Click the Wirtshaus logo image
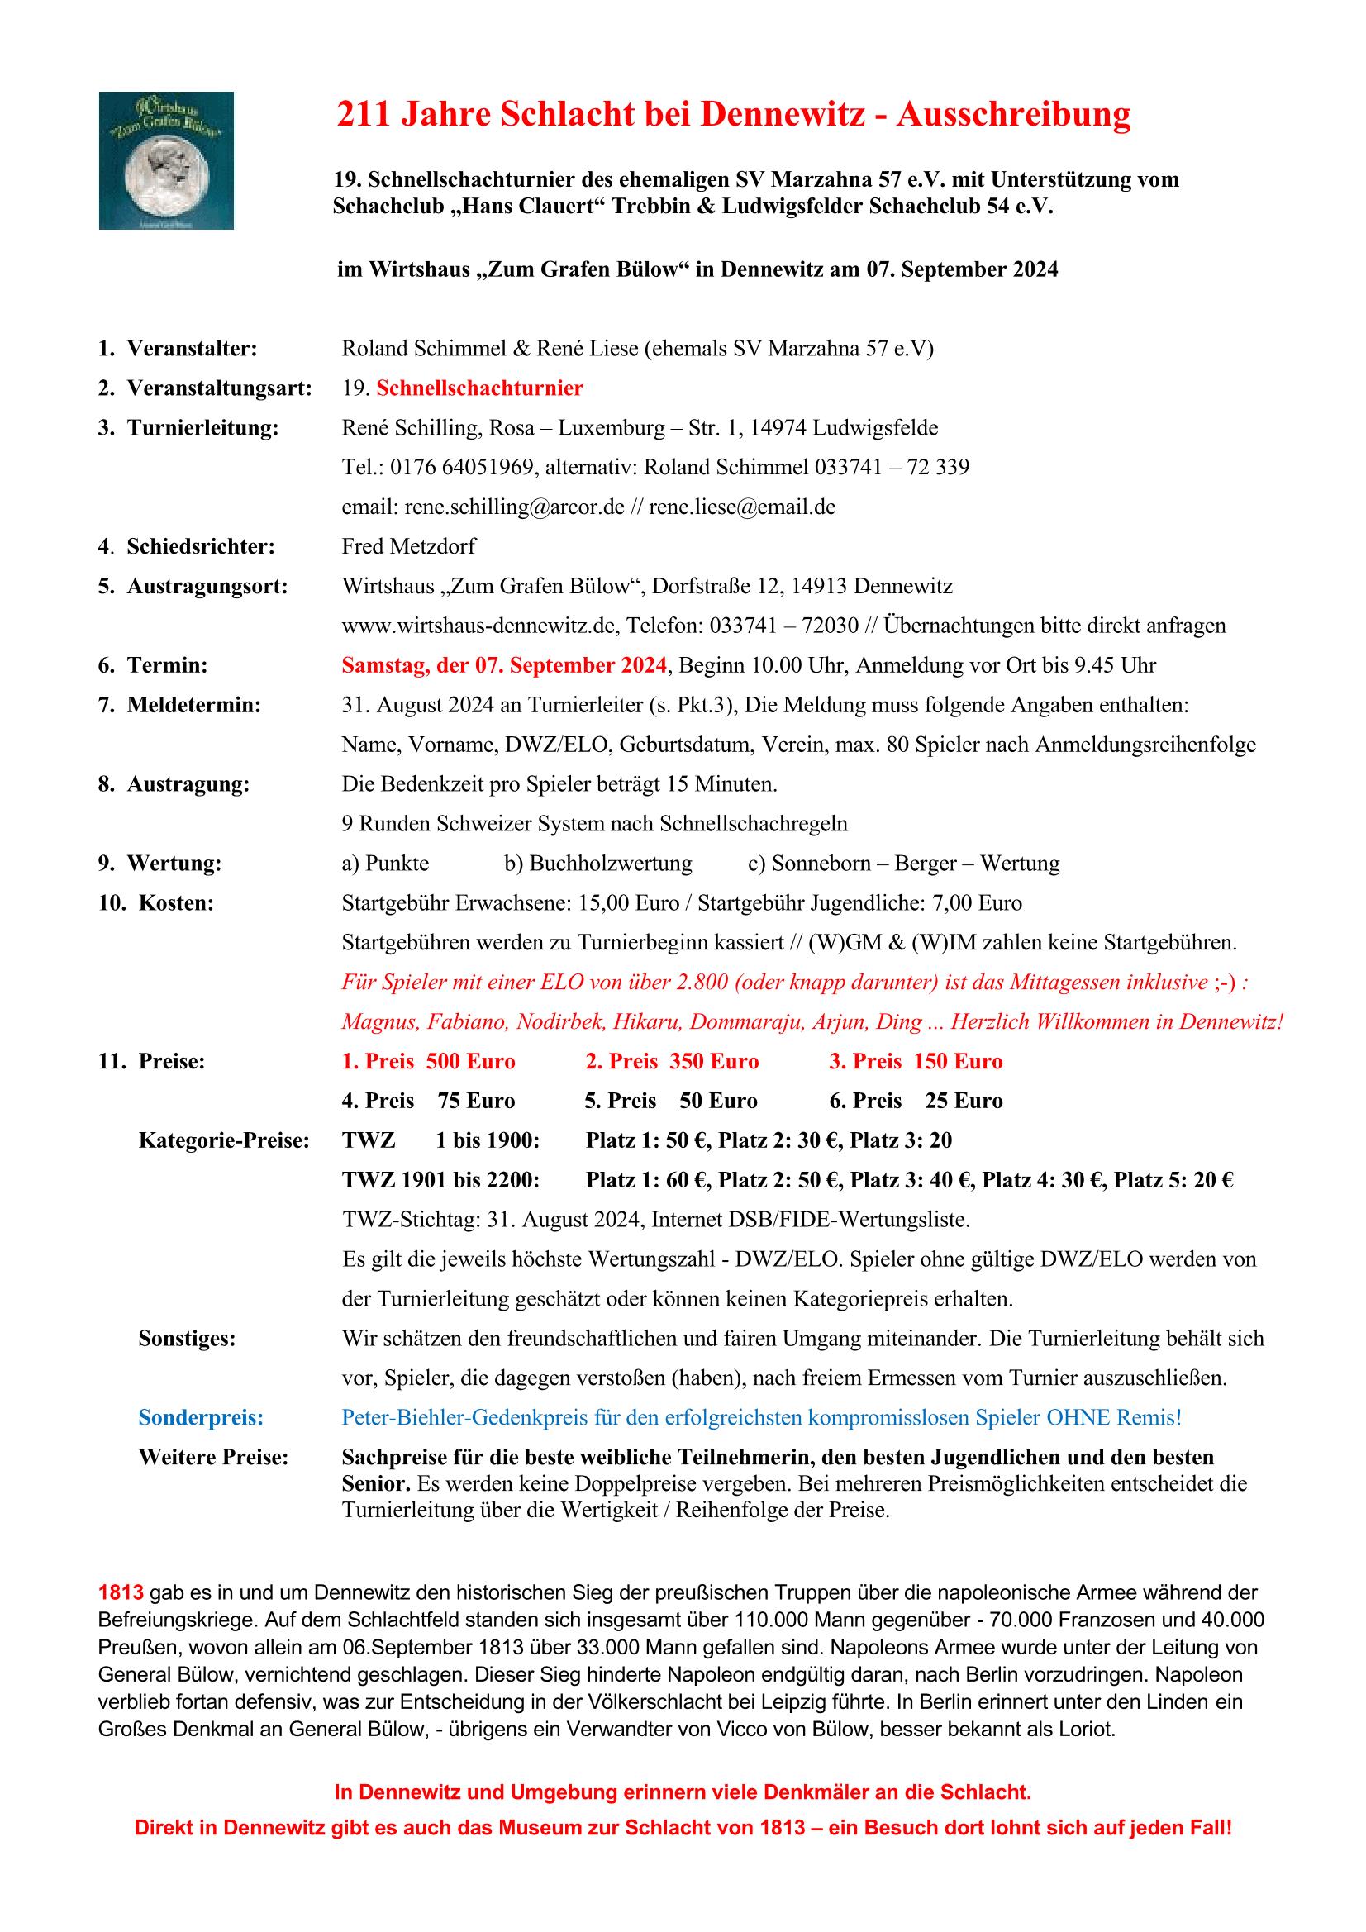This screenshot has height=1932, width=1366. pyautogui.click(x=166, y=159)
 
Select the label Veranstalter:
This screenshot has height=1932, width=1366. pyautogui.click(x=191, y=349)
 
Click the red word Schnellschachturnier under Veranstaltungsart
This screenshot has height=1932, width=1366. pyautogui.click(x=479, y=388)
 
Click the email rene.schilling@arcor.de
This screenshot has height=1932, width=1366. pyautogui.click(x=514, y=507)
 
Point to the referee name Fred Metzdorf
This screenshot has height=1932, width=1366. pyautogui.click(x=408, y=546)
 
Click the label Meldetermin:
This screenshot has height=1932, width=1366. pyautogui.click(x=193, y=705)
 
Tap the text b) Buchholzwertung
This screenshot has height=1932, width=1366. pyautogui.click(x=597, y=864)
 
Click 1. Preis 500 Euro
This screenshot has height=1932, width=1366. pyautogui.click(x=428, y=1061)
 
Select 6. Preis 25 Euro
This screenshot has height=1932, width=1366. pyautogui.click(x=916, y=1101)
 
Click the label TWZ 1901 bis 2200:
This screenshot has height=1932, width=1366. pyautogui.click(x=440, y=1180)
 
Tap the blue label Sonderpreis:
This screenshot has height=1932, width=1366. pyautogui.click(x=200, y=1418)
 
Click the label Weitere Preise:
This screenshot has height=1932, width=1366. pyautogui.click(x=213, y=1458)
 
